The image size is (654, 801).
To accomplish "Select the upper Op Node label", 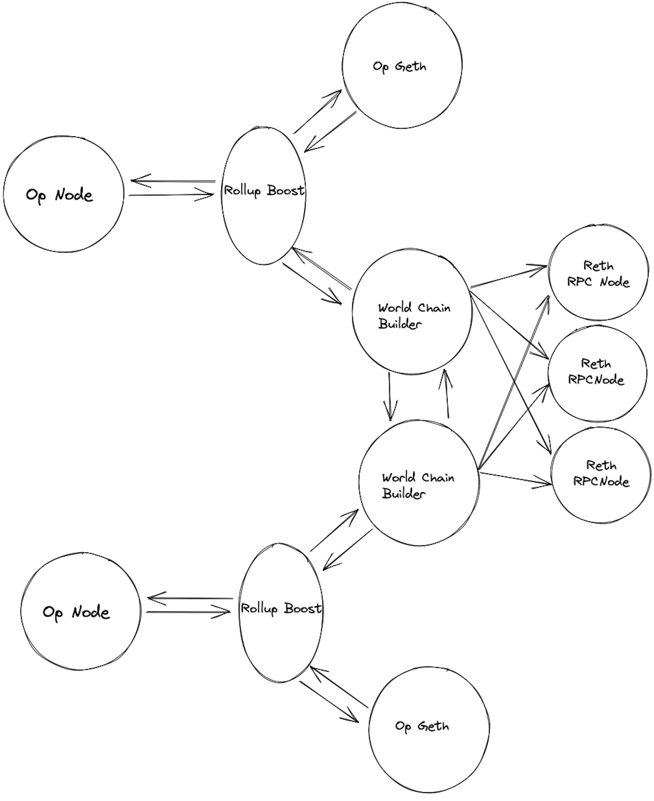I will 59,195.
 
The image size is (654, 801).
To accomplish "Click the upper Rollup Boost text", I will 264,191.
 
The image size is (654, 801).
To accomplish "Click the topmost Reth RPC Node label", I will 598,274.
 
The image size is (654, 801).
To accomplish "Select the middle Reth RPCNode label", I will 596,372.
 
